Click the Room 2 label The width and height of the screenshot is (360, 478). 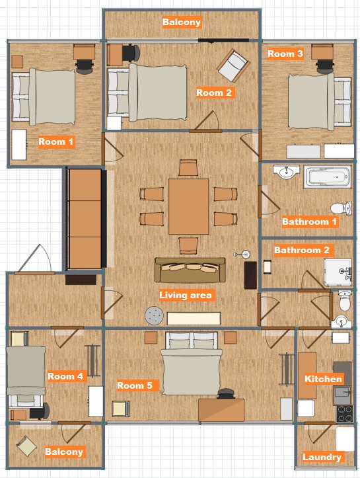tap(214, 93)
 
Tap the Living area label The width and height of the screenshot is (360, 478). tap(186, 295)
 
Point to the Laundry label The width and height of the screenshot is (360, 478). tap(322, 457)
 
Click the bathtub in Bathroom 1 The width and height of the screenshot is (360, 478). tap(328, 177)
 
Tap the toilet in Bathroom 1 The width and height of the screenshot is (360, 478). tap(341, 208)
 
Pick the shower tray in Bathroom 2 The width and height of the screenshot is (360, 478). tap(338, 272)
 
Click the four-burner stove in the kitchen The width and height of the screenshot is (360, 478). tap(344, 413)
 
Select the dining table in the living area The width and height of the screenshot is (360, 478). tap(188, 206)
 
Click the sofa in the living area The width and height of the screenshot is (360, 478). tap(190, 270)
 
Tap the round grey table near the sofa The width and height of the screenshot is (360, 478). tap(154, 315)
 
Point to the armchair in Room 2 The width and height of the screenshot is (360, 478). tap(233, 65)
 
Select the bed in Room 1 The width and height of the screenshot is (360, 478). tap(44, 97)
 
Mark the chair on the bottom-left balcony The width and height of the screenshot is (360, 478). tap(26, 446)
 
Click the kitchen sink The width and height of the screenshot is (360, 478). tap(342, 395)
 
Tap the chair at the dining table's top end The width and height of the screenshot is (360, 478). tap(188, 168)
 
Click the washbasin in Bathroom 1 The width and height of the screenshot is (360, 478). tap(286, 172)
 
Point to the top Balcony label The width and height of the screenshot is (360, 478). tap(182, 22)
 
